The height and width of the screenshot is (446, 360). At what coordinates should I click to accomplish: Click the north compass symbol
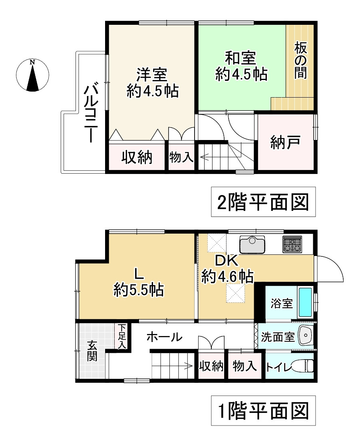coord(32,75)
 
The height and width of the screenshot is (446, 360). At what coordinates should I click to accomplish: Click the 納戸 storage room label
coord(285,143)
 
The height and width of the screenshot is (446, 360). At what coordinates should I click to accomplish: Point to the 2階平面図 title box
coord(263,202)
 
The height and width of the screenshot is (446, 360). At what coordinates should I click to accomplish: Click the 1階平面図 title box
coord(263,411)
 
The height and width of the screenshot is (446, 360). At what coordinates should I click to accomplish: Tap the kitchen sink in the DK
coord(252,244)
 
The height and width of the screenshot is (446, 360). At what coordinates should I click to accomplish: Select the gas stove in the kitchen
coord(292,244)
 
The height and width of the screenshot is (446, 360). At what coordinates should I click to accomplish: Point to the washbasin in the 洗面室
coord(306,336)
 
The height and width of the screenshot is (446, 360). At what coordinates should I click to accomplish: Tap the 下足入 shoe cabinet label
coord(121,336)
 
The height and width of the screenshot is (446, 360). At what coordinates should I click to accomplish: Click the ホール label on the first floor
coord(164,337)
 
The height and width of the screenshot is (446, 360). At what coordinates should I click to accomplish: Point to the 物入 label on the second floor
coord(181,157)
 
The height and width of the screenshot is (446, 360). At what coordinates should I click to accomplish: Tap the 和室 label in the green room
coord(240,58)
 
